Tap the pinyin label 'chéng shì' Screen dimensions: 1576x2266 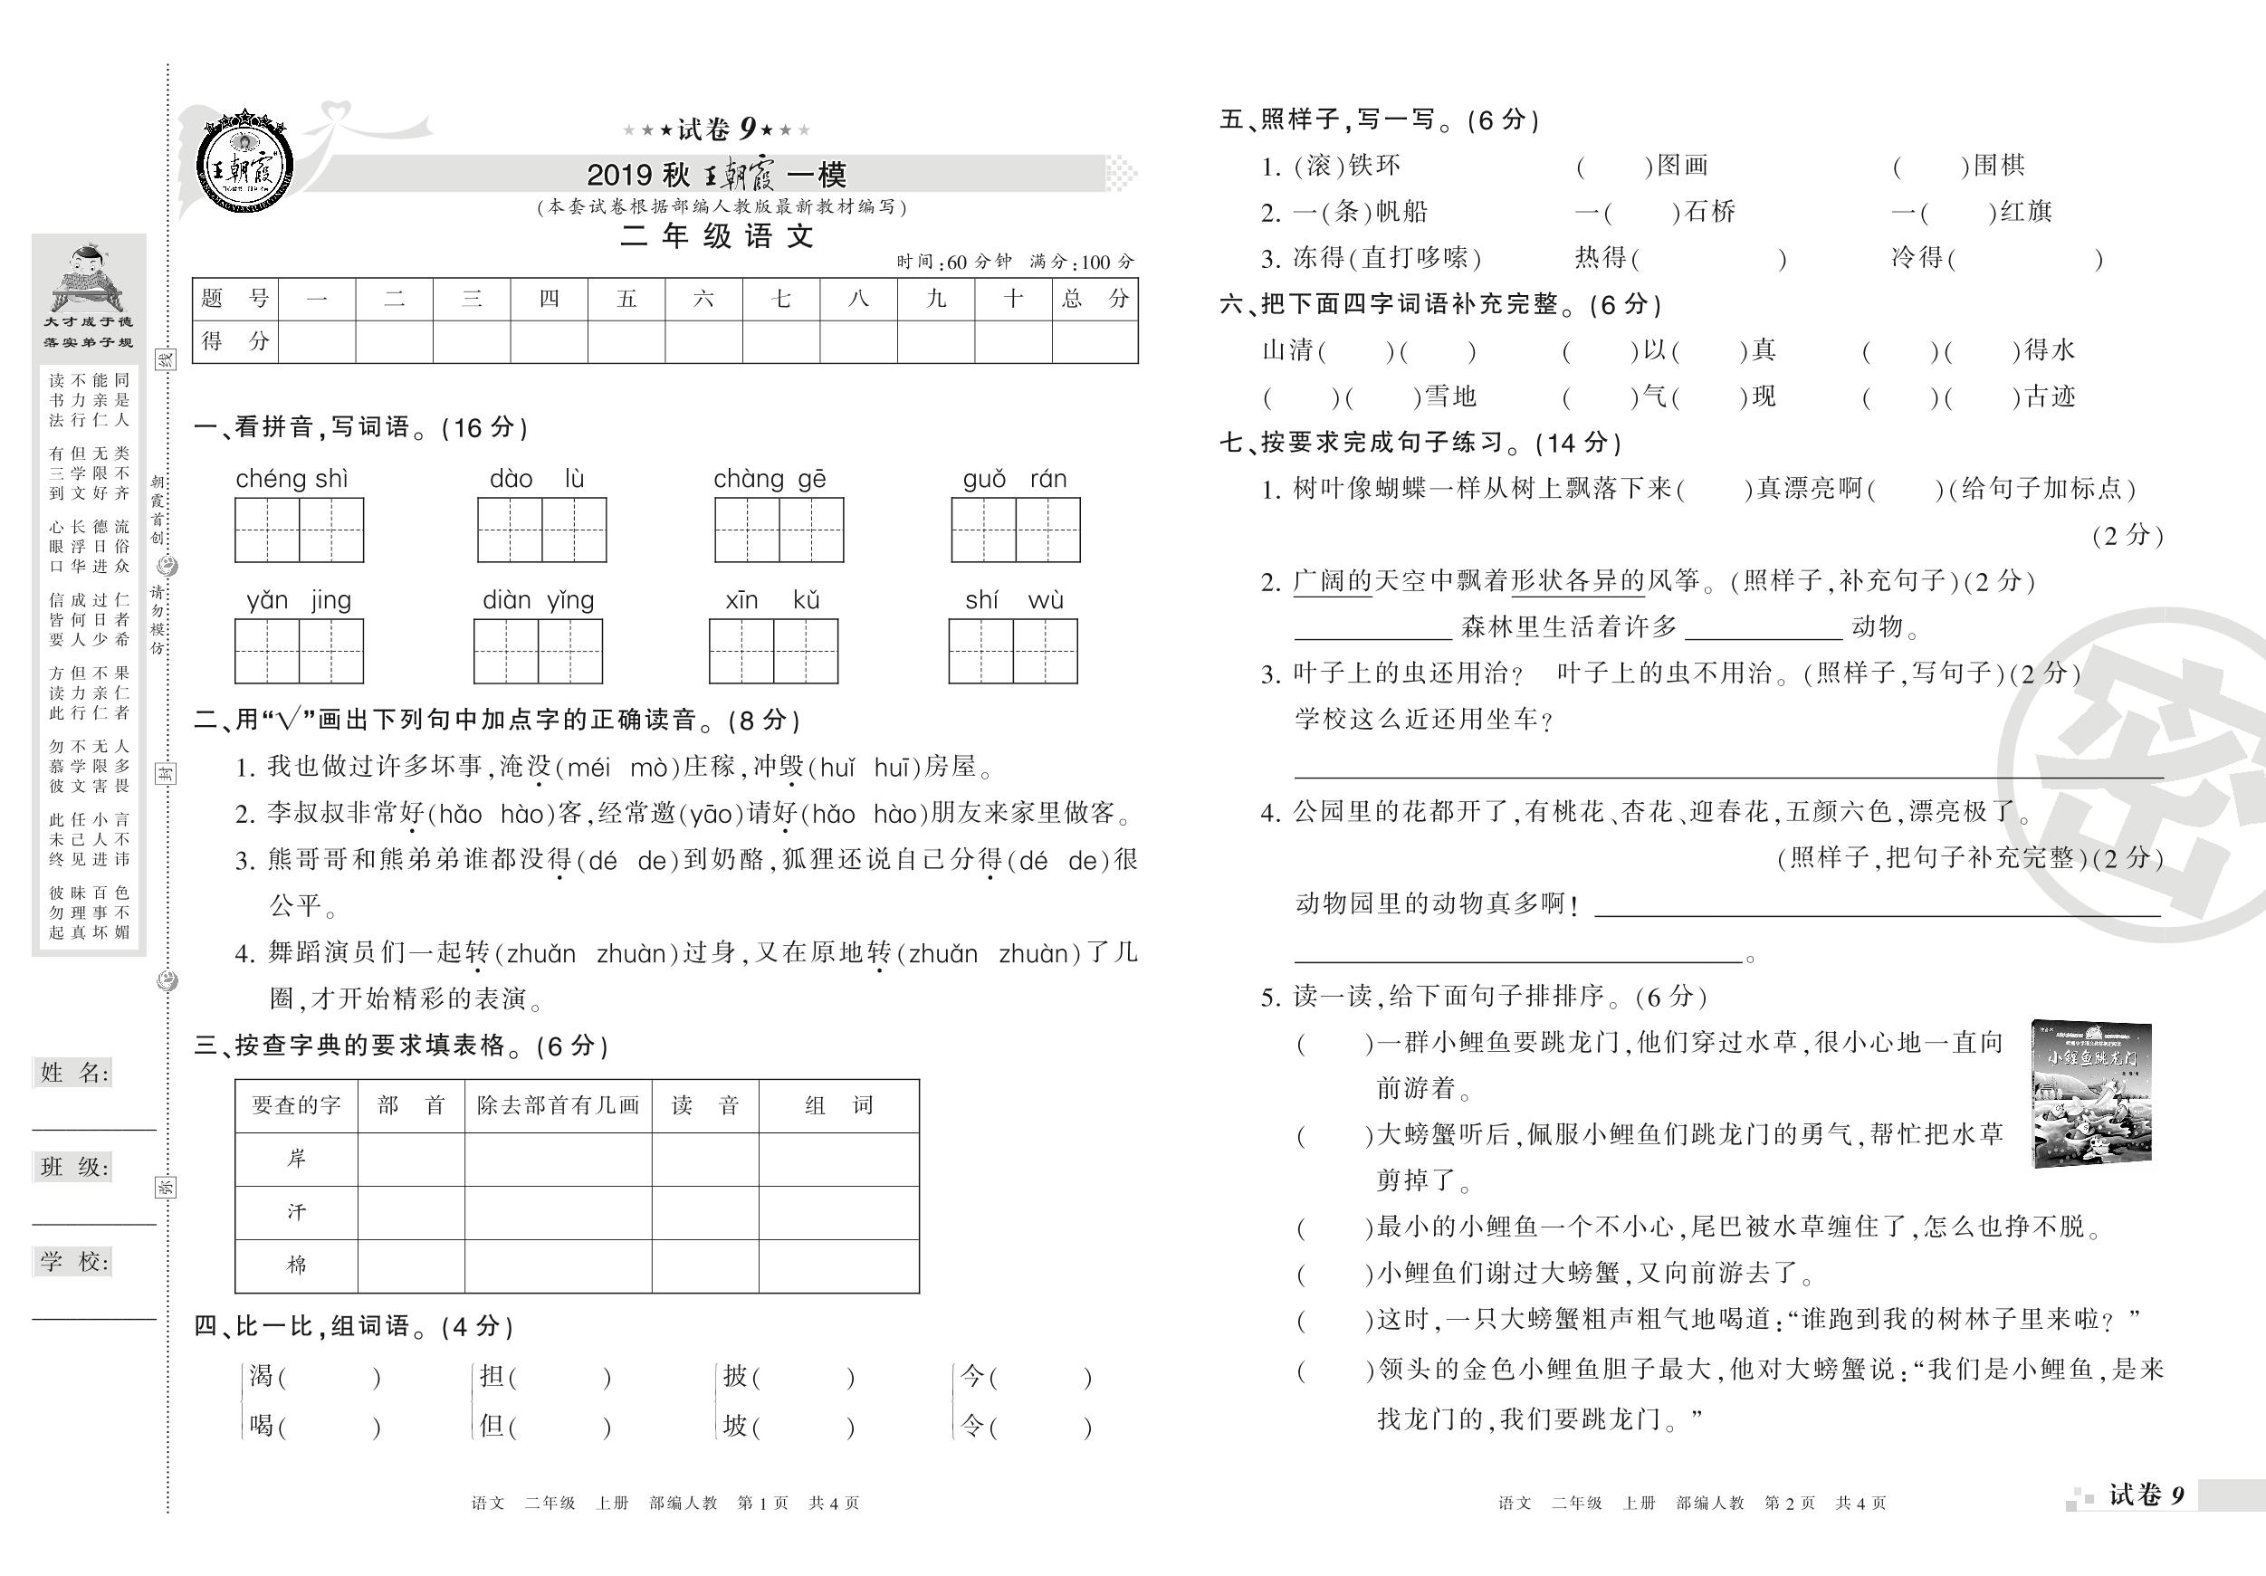click(x=292, y=480)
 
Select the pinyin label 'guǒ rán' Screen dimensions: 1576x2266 click(x=1015, y=480)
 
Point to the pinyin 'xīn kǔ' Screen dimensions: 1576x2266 click(x=773, y=600)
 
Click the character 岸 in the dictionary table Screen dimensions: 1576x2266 click(x=296, y=1159)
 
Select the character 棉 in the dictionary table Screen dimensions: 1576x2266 click(x=296, y=1266)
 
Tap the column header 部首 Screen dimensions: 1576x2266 click(x=411, y=1105)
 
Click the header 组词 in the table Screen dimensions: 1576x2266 click(x=838, y=1105)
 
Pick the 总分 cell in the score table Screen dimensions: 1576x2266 click(x=1095, y=298)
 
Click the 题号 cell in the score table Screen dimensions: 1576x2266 click(x=234, y=298)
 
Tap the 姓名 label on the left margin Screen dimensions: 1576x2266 click(x=73, y=1073)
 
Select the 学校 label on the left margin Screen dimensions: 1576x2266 click(x=73, y=1261)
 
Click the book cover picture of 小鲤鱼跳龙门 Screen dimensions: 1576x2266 click(x=2092, y=1094)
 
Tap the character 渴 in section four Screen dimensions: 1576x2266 click(x=261, y=1376)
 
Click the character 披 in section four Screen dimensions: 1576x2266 click(x=734, y=1376)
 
